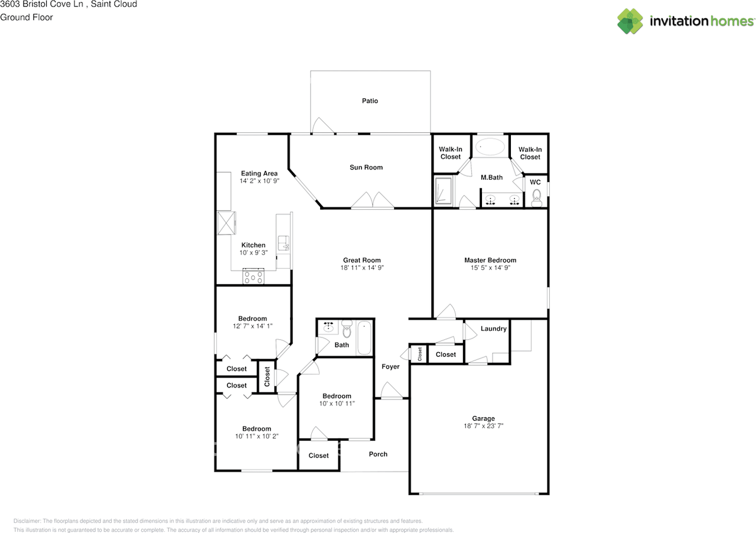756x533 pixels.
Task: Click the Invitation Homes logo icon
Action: [630, 21]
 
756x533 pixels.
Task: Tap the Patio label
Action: [370, 101]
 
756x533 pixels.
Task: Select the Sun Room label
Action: [366, 167]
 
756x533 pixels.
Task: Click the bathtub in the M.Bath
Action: [491, 147]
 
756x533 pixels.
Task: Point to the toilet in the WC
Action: [536, 196]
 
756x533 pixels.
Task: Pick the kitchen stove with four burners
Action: [253, 277]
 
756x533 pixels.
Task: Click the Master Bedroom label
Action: [490, 260]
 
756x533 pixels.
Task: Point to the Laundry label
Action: [493, 329]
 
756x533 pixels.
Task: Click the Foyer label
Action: [390, 367]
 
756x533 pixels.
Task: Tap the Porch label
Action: [378, 454]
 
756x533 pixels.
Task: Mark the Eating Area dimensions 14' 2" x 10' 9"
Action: [259, 181]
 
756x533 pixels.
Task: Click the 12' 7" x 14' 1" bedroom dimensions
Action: [252, 326]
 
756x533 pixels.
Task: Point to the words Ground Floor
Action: [27, 17]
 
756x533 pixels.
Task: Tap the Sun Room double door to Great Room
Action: [372, 201]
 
